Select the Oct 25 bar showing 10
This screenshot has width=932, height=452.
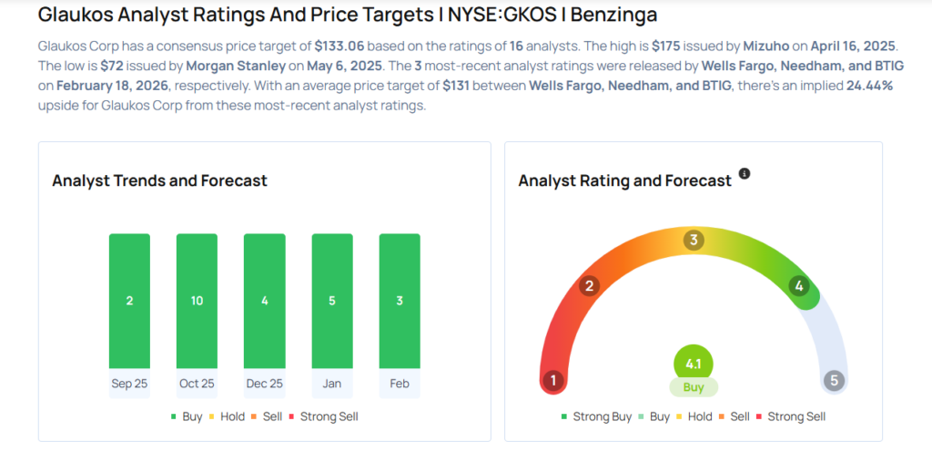pyautogui.click(x=197, y=301)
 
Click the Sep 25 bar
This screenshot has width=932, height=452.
pyautogui.click(x=129, y=301)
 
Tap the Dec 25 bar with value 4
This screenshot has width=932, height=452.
pyautogui.click(x=264, y=301)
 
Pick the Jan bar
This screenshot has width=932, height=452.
pyautogui.click(x=332, y=301)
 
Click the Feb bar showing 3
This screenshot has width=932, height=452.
pyautogui.click(x=400, y=301)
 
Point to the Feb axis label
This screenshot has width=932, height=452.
pyautogui.click(x=400, y=384)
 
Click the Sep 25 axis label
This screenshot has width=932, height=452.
pyautogui.click(x=129, y=384)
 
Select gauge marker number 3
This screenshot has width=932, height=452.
pyautogui.click(x=694, y=241)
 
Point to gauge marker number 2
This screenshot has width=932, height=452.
pyautogui.click(x=590, y=286)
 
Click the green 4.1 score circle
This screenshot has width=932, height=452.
pyautogui.click(x=694, y=364)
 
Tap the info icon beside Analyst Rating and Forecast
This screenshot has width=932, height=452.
pyautogui.click(x=745, y=173)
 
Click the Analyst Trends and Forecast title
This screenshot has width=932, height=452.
pyautogui.click(x=160, y=180)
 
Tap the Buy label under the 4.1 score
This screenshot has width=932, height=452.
pyautogui.click(x=694, y=387)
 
